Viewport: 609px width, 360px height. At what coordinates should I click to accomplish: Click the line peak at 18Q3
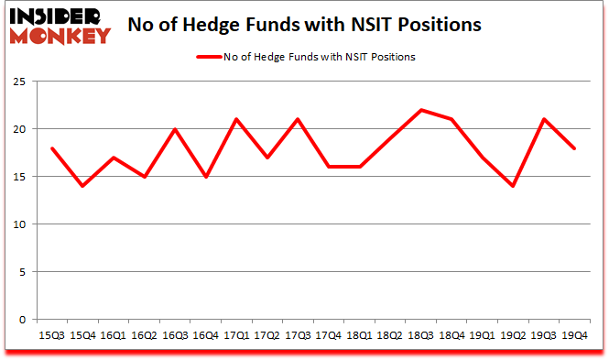pos(421,110)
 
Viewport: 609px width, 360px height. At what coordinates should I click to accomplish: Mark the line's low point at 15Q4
pos(83,186)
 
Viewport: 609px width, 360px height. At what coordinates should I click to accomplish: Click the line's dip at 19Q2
pos(514,186)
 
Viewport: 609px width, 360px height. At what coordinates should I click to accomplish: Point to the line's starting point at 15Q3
pos(52,148)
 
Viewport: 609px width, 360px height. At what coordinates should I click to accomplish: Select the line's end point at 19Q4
pos(575,148)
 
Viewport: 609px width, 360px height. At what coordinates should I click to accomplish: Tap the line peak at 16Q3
pos(175,129)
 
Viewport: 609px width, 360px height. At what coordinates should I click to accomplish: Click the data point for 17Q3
pos(298,119)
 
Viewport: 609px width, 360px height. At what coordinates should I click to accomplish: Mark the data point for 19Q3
pos(544,119)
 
